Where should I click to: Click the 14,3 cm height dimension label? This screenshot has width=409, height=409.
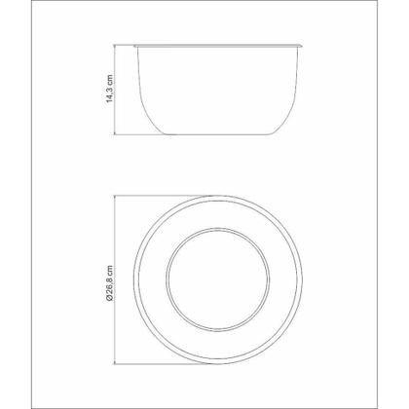tap(110, 89)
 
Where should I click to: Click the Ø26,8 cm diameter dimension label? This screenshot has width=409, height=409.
tap(110, 283)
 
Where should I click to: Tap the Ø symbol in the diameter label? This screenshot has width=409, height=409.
tap(110, 299)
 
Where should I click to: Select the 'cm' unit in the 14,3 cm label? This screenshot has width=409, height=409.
tap(110, 79)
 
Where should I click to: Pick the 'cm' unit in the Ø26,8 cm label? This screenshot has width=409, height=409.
tap(110, 270)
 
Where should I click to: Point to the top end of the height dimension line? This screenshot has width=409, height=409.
tap(115, 45)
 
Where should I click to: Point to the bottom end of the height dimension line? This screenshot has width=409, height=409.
tap(115, 134)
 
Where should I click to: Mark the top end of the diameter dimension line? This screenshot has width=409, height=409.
tap(115, 196)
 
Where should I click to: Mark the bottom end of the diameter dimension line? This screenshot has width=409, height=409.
tap(115, 364)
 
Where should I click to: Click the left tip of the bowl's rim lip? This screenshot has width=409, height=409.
tap(134, 46)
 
